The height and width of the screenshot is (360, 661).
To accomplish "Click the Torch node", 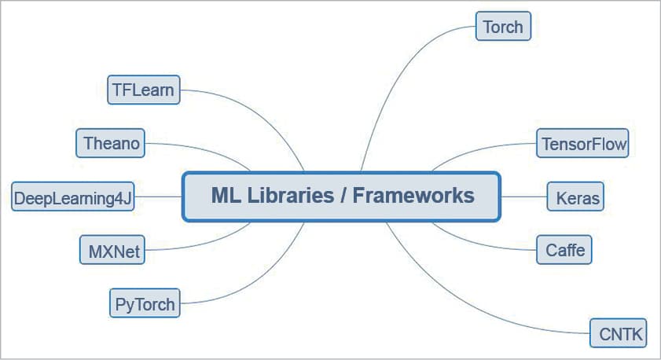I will pos(503,27).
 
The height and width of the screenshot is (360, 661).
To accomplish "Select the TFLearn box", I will pos(142,90).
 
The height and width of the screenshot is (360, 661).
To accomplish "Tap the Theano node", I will pos(111,144).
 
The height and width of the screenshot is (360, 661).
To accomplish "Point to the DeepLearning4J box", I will pos(73,197).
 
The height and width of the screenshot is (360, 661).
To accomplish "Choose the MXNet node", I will pos(114,251).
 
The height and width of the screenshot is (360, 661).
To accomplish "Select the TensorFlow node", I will pos(583,145).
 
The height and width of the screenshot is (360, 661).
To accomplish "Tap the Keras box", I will pos(577,197).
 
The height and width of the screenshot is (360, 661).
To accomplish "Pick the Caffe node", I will pos(564,250).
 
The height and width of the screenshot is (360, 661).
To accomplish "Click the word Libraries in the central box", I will pos(291,196).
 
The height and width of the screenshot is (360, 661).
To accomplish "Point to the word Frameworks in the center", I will pos(413,196).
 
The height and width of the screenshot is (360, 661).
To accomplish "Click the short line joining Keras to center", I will pos(523,197).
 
